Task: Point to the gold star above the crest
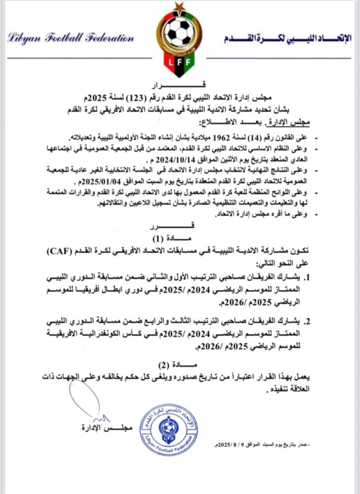pyautogui.click(x=180, y=6)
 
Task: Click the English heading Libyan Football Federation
pyautogui.click(x=70, y=38)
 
